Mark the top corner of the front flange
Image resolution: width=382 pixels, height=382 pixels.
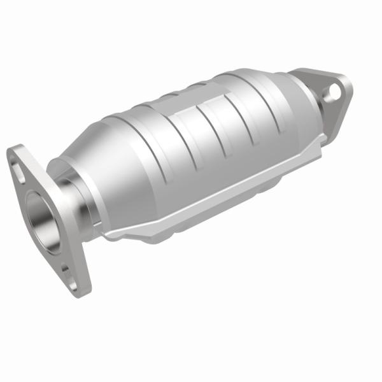click(x=14, y=150)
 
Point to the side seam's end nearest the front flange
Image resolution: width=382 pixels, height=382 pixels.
click(x=108, y=236)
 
